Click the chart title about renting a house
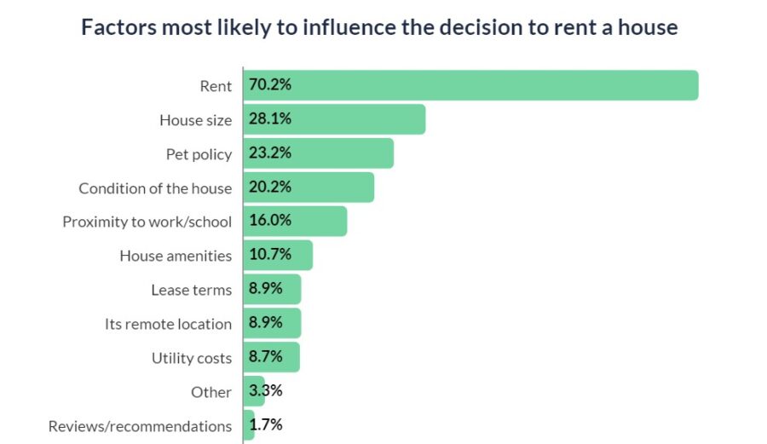pos(379,27)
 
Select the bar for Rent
pos(470,85)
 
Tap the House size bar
pos(334,119)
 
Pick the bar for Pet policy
pos(319,153)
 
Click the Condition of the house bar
pos(309,187)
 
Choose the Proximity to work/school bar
pos(295,221)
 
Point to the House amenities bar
pos(278,256)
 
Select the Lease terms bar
pos(272,289)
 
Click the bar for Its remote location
pos(272,323)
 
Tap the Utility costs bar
pos(272,357)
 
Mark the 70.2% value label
pos(270,84)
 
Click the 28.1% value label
pos(270,118)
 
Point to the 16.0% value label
pos(270,220)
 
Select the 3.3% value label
pos(266,390)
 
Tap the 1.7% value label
pos(266,424)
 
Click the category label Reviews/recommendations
pos(140,426)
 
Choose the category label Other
pos(211,392)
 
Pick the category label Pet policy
pos(199,154)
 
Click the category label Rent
pos(216,86)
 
